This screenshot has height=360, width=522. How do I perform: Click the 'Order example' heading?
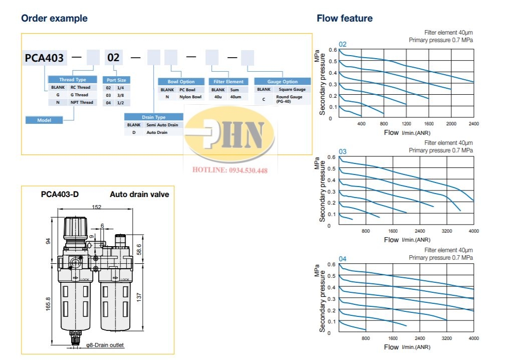[54, 19]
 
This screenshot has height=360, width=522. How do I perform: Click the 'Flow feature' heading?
[345, 19]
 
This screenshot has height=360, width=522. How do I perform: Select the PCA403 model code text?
[45, 58]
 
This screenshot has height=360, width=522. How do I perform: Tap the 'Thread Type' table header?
[73, 80]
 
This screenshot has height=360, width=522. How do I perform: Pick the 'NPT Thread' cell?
[82, 102]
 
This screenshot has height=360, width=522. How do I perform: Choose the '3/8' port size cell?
[121, 95]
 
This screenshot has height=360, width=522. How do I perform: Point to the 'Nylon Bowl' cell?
[190, 97]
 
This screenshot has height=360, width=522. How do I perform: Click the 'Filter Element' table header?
[228, 82]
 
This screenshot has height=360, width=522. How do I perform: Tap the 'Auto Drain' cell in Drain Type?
[157, 132]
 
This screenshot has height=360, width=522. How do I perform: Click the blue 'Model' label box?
[44, 120]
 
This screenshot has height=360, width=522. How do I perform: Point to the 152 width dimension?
[97, 207]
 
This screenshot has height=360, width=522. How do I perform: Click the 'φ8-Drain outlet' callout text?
[105, 345]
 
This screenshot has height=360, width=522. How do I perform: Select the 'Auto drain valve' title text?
[139, 195]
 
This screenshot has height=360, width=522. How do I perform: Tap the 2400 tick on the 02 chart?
[473, 124]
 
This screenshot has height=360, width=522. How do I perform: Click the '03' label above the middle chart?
[343, 151]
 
